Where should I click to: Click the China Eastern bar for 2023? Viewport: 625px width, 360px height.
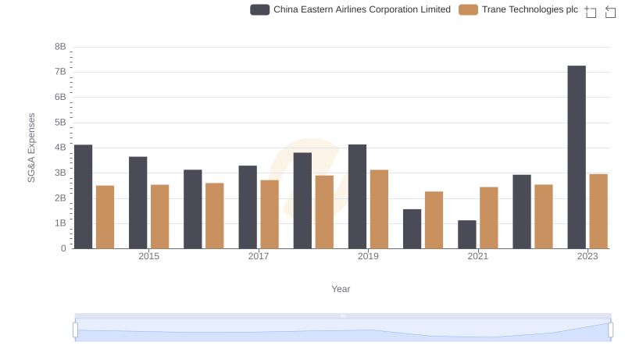(x=577, y=157)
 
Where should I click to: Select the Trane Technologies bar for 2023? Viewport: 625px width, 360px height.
(x=598, y=211)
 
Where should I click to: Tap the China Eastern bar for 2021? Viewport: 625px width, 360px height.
(x=467, y=234)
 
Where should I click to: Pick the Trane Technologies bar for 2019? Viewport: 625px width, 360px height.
(x=379, y=209)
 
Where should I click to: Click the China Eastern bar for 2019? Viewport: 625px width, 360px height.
(x=357, y=196)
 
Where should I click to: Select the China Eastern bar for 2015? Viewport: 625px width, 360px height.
(x=138, y=202)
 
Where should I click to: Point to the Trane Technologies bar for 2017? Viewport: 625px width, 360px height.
(x=270, y=214)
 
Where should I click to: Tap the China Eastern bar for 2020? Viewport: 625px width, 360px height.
(x=412, y=229)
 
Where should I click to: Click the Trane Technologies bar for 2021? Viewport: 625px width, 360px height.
(x=489, y=218)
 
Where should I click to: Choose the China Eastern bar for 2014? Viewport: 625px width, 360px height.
(x=84, y=196)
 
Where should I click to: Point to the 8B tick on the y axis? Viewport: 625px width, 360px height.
(x=59, y=47)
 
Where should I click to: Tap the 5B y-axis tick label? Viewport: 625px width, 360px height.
(x=59, y=123)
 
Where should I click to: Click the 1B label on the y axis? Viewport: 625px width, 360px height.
(x=59, y=223)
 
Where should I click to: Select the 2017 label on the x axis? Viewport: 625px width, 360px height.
(x=259, y=256)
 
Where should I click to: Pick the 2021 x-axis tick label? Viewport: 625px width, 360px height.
(x=478, y=256)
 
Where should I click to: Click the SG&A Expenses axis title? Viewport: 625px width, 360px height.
(x=32, y=148)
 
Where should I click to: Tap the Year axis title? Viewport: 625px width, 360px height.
(x=341, y=289)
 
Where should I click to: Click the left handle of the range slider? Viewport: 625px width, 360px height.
(x=76, y=330)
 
